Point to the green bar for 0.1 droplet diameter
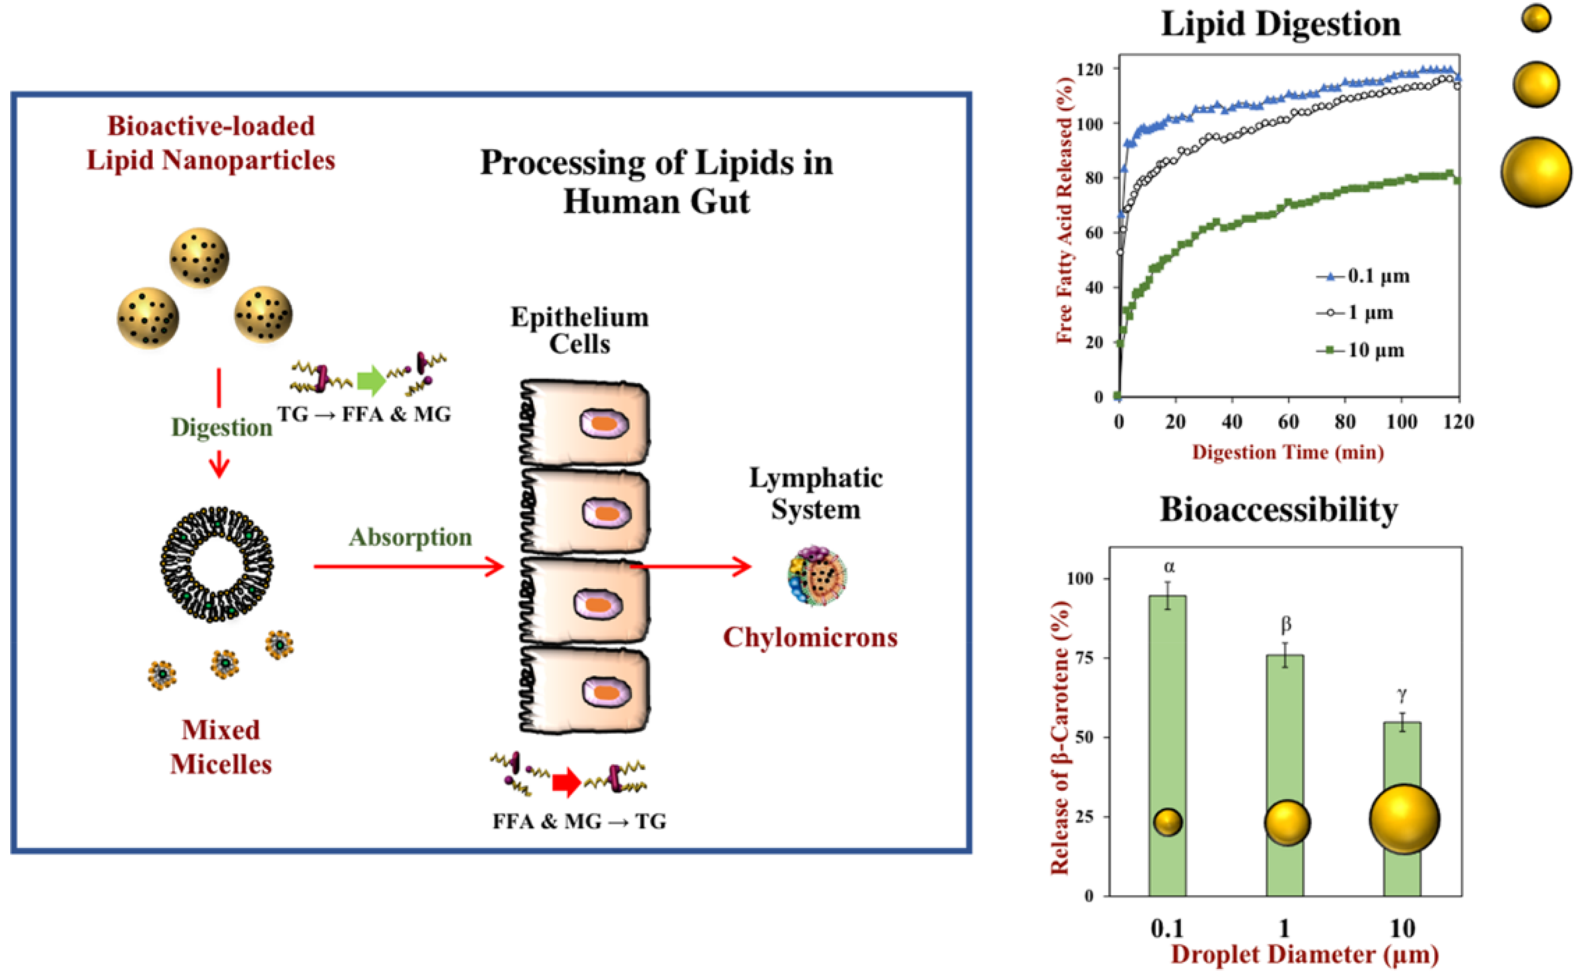(1167, 743)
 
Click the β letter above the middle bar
(1286, 624)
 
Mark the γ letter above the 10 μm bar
(1401, 695)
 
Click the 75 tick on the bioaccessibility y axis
(1089, 658)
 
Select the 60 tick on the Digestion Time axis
(1288, 422)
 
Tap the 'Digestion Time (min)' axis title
(1288, 452)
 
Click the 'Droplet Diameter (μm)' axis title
(1304, 954)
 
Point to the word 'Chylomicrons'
(810, 638)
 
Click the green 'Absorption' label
(410, 538)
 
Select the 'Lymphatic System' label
(816, 494)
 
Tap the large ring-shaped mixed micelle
(217, 563)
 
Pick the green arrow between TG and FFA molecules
(371, 380)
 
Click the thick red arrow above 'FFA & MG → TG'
(566, 783)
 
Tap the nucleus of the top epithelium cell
(604, 423)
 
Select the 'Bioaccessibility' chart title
(1278, 510)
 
